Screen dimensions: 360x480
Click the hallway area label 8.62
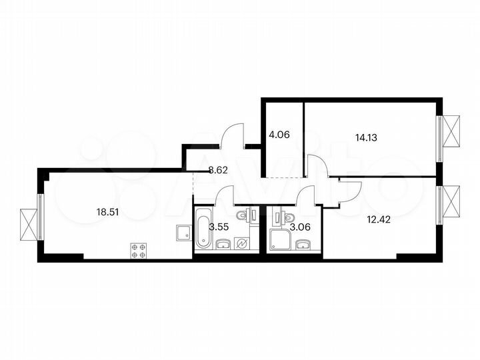click(x=219, y=170)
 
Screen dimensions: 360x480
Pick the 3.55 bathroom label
click(x=220, y=227)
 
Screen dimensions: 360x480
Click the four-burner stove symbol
click(x=140, y=251)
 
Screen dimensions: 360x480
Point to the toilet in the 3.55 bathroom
click(x=249, y=215)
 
